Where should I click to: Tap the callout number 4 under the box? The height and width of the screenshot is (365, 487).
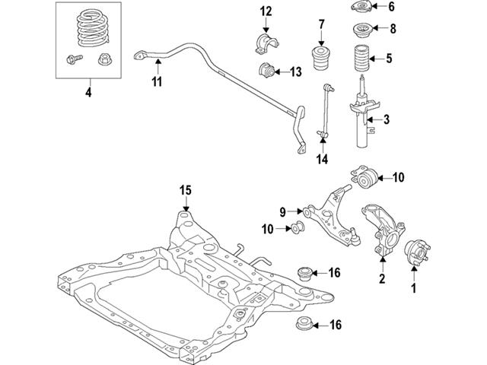pos(89,94)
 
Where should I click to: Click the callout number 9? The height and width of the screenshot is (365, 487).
pos(281,211)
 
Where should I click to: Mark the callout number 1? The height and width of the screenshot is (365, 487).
pos(415,288)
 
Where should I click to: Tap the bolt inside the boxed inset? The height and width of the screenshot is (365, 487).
pos(73,59)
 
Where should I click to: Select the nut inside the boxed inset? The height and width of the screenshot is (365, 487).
pos(102,59)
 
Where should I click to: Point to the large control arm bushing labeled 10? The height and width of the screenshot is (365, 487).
pos(367,179)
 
